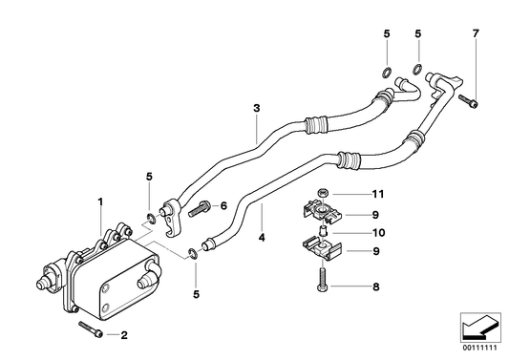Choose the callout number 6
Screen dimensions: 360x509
223,204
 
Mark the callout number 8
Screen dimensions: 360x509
376,285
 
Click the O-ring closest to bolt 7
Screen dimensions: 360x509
419,68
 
